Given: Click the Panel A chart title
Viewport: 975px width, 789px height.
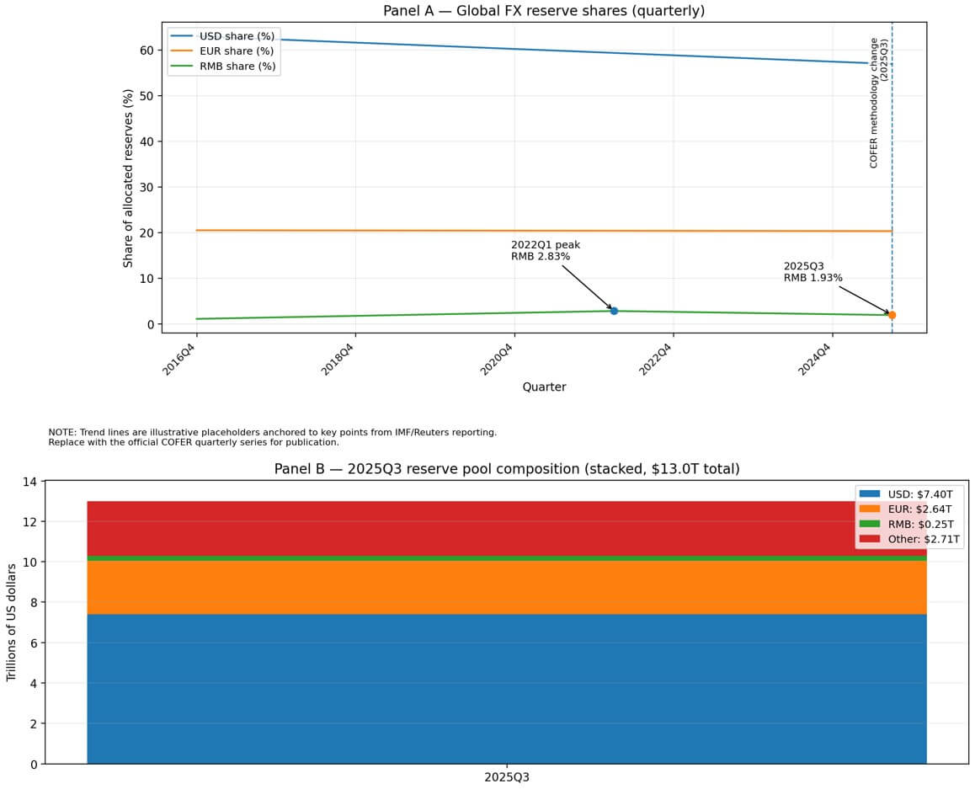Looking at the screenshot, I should pyautogui.click(x=543, y=11).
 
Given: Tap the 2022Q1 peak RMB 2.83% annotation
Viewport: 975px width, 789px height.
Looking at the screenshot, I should pyautogui.click(x=545, y=250).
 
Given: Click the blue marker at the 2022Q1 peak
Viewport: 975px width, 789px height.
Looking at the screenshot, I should pyautogui.click(x=614, y=311).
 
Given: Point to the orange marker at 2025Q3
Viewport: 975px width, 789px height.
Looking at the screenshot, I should pyautogui.click(x=892, y=315).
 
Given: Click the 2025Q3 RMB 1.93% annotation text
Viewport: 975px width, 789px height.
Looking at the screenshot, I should pyautogui.click(x=812, y=271).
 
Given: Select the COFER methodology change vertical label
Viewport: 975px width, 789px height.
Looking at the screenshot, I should pyautogui.click(x=878, y=103).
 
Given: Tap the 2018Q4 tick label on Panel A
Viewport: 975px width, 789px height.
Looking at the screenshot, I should pyautogui.click(x=340, y=358).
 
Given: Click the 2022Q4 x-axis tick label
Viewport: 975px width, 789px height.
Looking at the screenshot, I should pyautogui.click(x=657, y=358).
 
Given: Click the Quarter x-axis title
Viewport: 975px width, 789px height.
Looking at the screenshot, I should pyautogui.click(x=544, y=387).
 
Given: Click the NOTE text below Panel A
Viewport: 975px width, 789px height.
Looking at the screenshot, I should pyautogui.click(x=272, y=437).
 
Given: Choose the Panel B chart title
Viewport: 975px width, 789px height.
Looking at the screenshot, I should pyautogui.click(x=506, y=469).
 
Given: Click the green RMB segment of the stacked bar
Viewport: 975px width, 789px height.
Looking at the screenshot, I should pyautogui.click(x=506, y=558).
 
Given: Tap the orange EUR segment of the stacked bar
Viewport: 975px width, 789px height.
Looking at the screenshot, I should pyautogui.click(x=506, y=588).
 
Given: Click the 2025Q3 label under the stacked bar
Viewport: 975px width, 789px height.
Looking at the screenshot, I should pyautogui.click(x=507, y=776).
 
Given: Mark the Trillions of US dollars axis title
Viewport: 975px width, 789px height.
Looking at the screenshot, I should pyautogui.click(x=12, y=621).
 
